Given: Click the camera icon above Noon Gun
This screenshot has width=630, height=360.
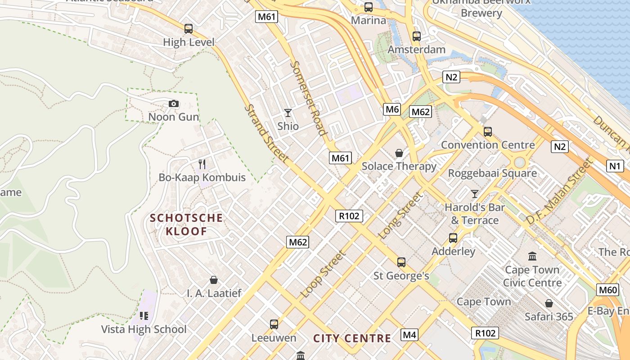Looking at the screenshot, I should [174, 104].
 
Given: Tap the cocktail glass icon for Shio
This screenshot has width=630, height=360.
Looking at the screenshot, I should [288, 113].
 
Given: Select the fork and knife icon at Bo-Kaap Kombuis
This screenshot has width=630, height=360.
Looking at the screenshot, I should [202, 164].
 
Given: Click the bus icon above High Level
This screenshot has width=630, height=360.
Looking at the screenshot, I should [189, 29].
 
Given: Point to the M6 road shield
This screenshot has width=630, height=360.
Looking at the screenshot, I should [392, 109].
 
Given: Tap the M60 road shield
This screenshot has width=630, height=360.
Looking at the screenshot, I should [607, 290].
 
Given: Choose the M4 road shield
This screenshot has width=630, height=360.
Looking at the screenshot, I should [409, 335].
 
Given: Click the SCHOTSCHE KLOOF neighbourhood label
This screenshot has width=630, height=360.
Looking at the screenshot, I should [186, 225].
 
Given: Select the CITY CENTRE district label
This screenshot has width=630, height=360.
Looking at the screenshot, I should [352, 338].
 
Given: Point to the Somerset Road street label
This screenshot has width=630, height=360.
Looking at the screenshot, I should [307, 98].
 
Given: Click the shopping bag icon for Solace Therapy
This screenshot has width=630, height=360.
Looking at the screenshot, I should [399, 153].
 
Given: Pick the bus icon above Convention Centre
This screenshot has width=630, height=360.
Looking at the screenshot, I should [487, 132].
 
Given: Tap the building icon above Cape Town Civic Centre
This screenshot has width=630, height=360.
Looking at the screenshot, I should [532, 256].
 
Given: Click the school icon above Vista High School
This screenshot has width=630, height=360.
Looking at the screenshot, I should [144, 316].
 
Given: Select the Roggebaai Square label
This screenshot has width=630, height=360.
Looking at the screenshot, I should [492, 173].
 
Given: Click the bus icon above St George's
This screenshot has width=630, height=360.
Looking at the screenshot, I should [401, 262].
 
